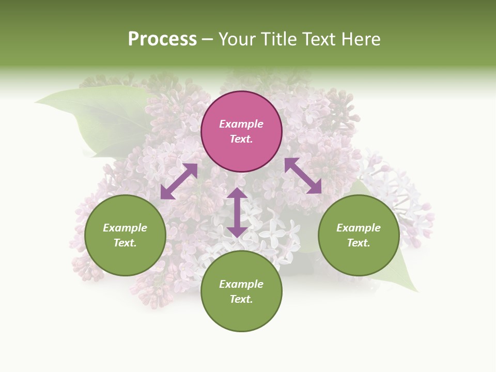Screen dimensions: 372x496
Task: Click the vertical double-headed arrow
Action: (x=237, y=212)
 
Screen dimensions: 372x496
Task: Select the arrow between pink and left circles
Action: (x=179, y=181)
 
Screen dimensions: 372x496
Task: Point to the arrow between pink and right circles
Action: (x=303, y=176)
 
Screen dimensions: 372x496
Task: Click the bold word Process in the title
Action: (x=162, y=39)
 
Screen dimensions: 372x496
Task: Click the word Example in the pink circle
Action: (x=241, y=124)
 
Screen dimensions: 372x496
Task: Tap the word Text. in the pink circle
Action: (x=241, y=139)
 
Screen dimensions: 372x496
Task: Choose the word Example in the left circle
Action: (x=125, y=228)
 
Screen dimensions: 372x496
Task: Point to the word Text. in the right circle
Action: (x=359, y=243)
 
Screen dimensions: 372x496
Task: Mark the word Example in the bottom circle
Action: (x=241, y=284)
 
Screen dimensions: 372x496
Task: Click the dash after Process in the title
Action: (x=208, y=39)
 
